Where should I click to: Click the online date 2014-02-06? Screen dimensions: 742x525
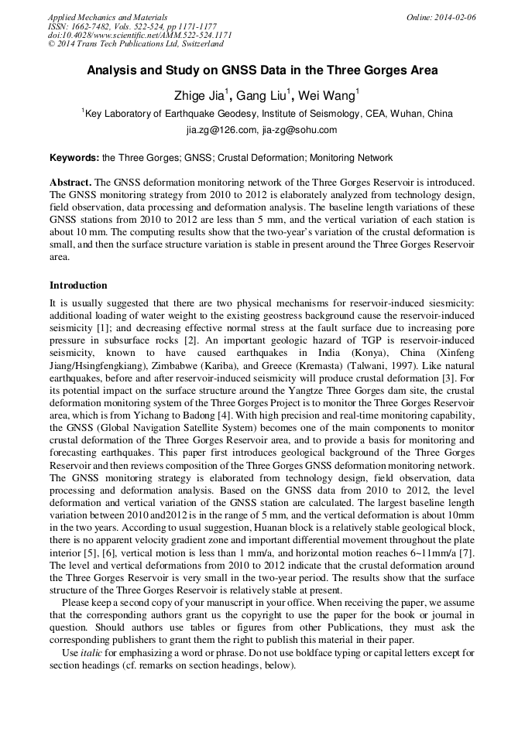click(x=451, y=17)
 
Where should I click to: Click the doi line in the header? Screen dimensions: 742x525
click(x=139, y=35)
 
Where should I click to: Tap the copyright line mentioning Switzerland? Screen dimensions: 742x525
click(x=135, y=44)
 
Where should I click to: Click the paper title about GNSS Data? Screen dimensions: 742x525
click(x=262, y=70)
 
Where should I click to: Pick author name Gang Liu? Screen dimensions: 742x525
click(x=262, y=95)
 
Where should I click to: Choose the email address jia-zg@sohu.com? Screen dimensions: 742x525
click(x=300, y=130)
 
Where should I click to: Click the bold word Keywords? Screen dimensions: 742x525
click(x=74, y=158)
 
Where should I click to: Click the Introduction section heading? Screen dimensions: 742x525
click(x=78, y=286)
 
